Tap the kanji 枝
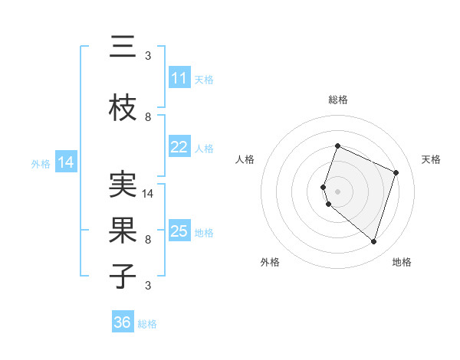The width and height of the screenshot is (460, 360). coord(123,109)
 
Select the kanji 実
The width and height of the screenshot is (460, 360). coord(123,185)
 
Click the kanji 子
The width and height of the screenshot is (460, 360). coord(123,275)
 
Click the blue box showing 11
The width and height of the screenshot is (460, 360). coord(179,78)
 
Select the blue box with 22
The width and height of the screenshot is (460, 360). coord(179,147)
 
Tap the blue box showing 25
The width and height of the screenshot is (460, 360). coord(179,231)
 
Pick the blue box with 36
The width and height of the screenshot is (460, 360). coord(123,322)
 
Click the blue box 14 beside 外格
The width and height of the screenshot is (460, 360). coord(66,162)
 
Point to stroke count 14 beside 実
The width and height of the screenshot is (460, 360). coord(149,194)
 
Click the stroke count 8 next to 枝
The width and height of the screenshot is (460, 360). coord(148,117)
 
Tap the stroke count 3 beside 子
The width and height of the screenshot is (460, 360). coord(148,286)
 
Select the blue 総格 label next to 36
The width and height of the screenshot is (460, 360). coord(147,324)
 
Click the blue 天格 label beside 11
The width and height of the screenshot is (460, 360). coord(203,79)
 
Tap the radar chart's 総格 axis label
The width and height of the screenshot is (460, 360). coord(337,100)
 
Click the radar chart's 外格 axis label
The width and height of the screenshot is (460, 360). coord(270,262)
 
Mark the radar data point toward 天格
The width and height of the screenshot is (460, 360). coord(396,172)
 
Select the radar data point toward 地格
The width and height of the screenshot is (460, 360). coord(373,242)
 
